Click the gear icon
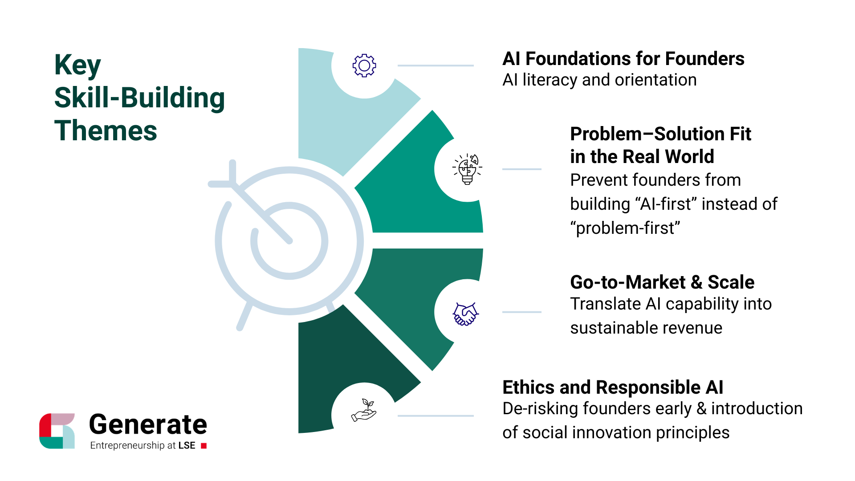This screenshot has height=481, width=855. [364, 65]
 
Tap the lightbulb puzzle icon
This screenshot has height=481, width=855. [467, 169]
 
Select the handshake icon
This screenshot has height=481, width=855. [465, 314]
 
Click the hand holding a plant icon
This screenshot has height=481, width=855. [364, 410]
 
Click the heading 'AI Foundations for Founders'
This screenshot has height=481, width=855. [623, 59]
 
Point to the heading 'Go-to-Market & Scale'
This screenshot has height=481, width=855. [662, 282]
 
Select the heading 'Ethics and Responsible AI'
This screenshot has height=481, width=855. [613, 387]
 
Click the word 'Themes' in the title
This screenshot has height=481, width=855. [106, 131]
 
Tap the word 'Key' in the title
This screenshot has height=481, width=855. [77, 65]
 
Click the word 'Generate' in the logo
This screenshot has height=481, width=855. [148, 424]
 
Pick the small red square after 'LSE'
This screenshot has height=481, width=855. [204, 446]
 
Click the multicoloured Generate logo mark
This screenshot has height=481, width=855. [57, 431]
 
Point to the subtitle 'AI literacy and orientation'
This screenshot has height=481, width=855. [599, 80]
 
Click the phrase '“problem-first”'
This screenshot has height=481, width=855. [625, 228]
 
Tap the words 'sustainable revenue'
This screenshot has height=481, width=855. [646, 328]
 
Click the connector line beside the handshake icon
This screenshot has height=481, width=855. [521, 312]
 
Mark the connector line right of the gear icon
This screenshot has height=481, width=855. [435, 65]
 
